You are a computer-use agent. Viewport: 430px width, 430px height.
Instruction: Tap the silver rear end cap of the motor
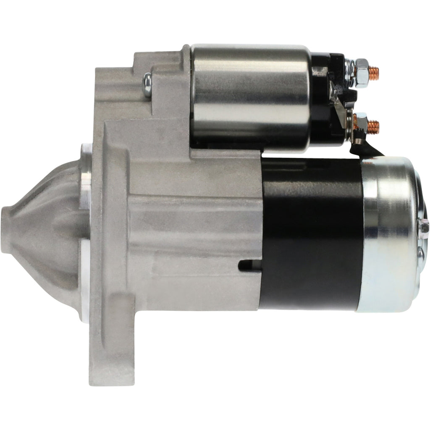[388, 235]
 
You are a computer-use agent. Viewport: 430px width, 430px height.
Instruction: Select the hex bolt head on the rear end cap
[423, 229]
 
